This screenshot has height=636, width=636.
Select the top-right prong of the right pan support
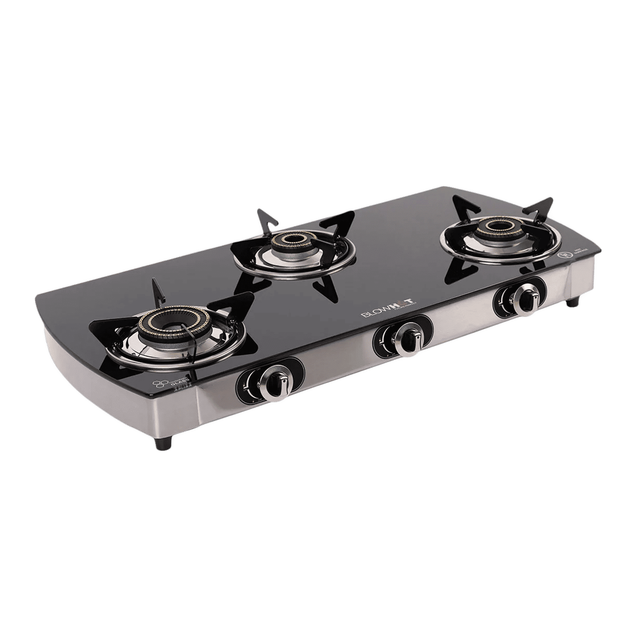pyautogui.click(x=543, y=208)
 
